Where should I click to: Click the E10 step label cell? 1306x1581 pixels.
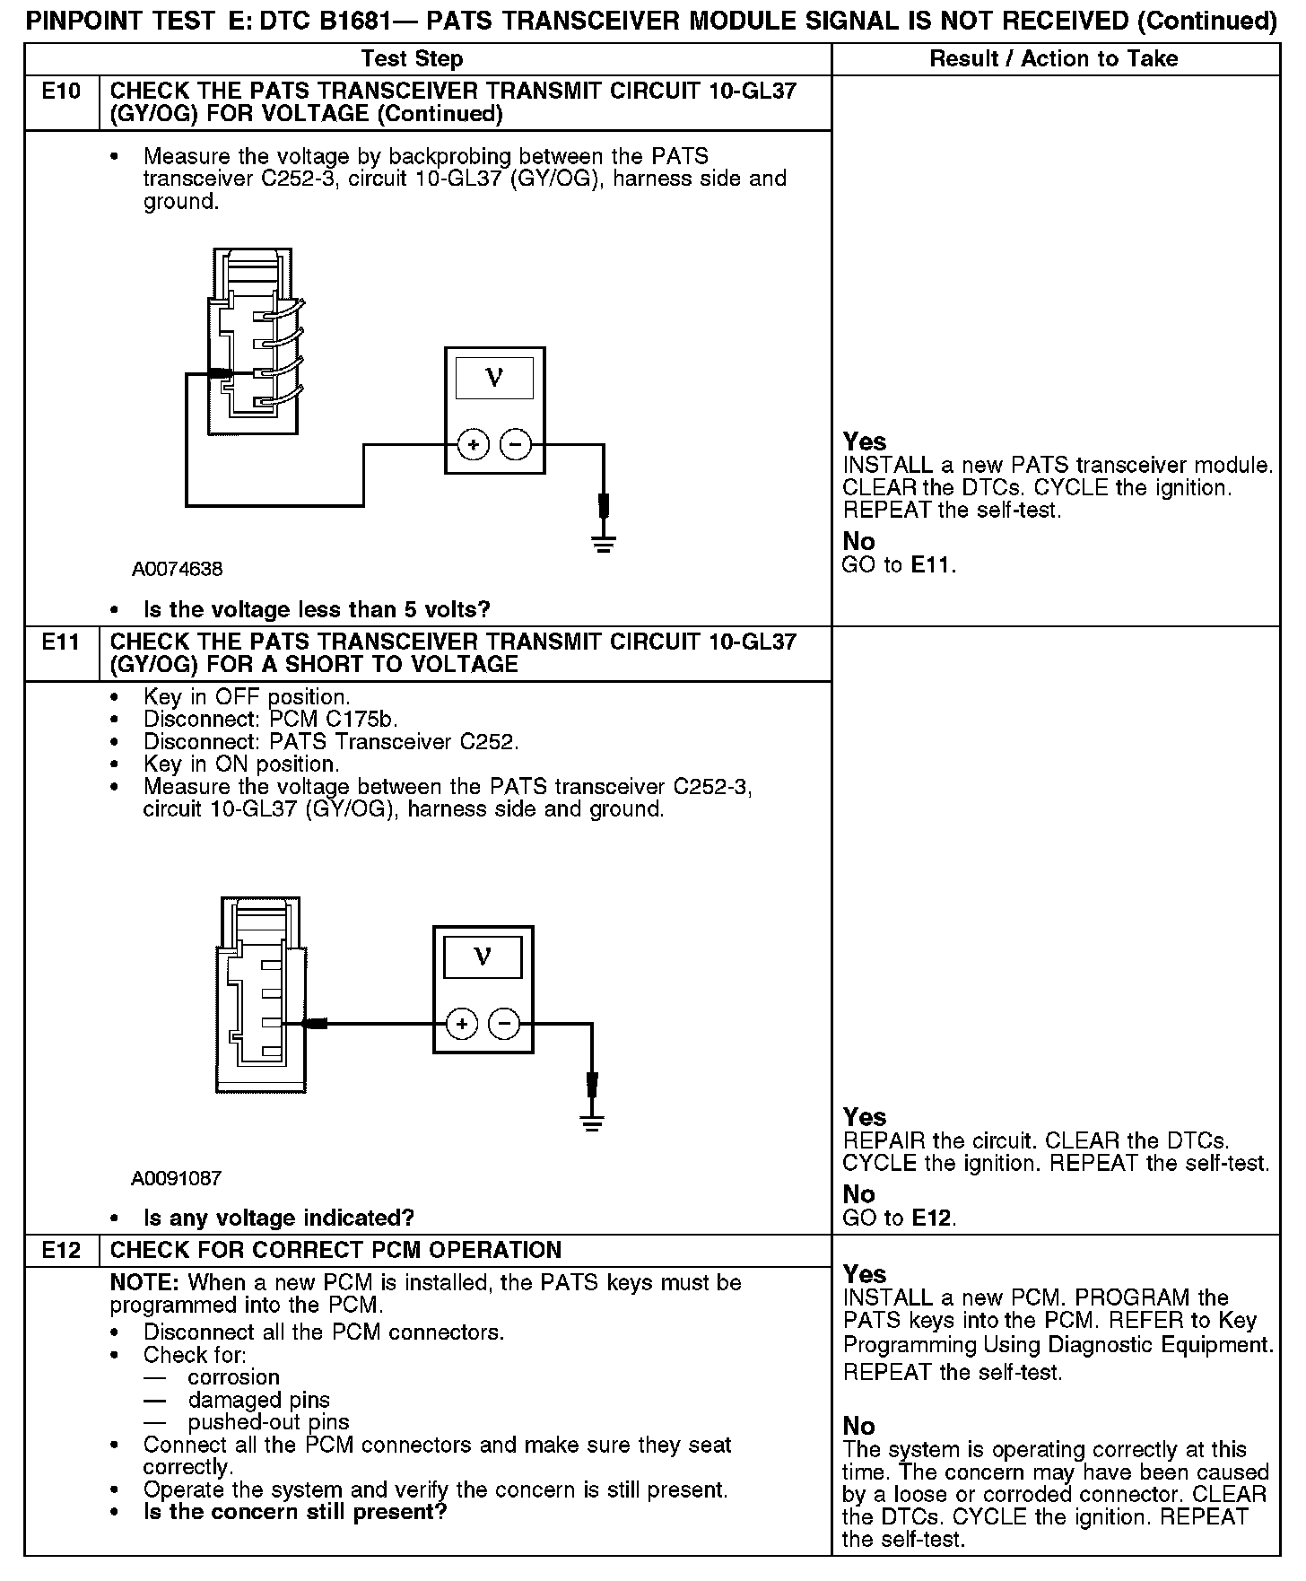[61, 92]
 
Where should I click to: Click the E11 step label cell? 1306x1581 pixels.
[61, 642]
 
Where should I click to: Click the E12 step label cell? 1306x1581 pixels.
[61, 1250]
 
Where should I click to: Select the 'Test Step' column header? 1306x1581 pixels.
[412, 59]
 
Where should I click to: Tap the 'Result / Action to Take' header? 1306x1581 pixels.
[1054, 59]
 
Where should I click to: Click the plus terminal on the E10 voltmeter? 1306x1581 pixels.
[473, 444]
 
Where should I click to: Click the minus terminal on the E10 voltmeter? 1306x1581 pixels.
[515, 444]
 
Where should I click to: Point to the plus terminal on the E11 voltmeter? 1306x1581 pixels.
[461, 1024]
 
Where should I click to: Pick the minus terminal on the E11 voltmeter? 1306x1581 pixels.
[504, 1024]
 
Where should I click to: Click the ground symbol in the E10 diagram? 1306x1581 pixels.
[604, 543]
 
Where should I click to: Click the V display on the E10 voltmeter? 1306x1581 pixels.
[494, 378]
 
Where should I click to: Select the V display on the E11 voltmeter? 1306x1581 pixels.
[483, 956]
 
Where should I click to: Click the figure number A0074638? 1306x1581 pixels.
[177, 569]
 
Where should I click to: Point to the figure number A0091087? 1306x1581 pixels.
[176, 1178]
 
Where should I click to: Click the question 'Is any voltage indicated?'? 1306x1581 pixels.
[278, 1218]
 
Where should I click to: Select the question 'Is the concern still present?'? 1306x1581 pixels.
[295, 1511]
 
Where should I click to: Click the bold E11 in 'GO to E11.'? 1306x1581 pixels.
[932, 565]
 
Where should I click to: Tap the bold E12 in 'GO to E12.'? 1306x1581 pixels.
[932, 1218]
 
